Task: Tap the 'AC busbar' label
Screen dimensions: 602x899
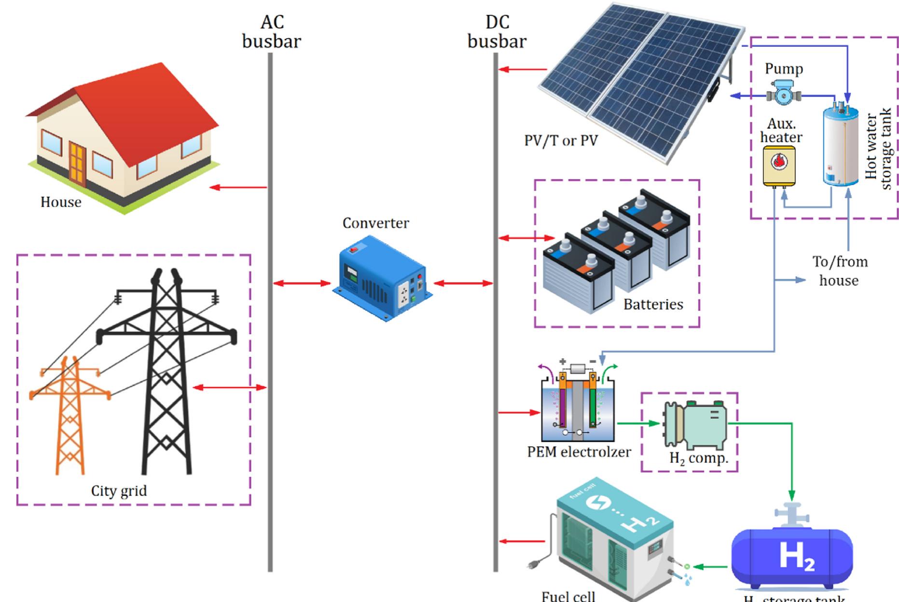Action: point(272,32)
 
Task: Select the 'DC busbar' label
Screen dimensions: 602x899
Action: point(497,32)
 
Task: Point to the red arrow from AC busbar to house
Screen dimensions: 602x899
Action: point(238,187)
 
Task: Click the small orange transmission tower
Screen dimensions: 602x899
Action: point(70,415)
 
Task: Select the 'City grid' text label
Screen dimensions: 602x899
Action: point(119,491)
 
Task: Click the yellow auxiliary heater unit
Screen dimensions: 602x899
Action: point(779,166)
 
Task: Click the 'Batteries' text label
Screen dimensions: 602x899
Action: point(653,304)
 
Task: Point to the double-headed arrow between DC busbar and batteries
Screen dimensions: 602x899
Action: point(526,238)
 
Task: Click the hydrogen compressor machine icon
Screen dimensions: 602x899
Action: point(695,424)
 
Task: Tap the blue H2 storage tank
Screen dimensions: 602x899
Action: point(792,557)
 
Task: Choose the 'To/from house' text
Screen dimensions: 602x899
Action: point(840,271)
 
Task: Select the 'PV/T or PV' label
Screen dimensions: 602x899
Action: point(561,141)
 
